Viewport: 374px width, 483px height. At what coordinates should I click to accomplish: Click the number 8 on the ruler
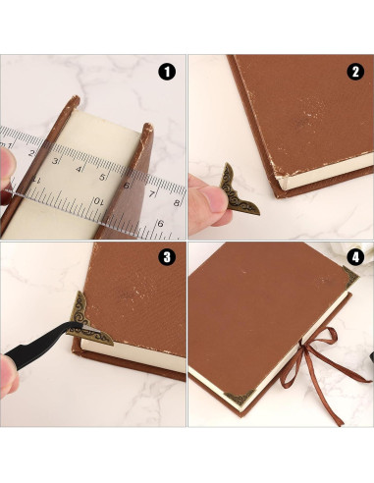tap(176, 202)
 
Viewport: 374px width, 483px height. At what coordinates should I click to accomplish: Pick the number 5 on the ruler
tap(103, 178)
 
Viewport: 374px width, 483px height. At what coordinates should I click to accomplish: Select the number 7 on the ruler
tap(152, 194)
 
